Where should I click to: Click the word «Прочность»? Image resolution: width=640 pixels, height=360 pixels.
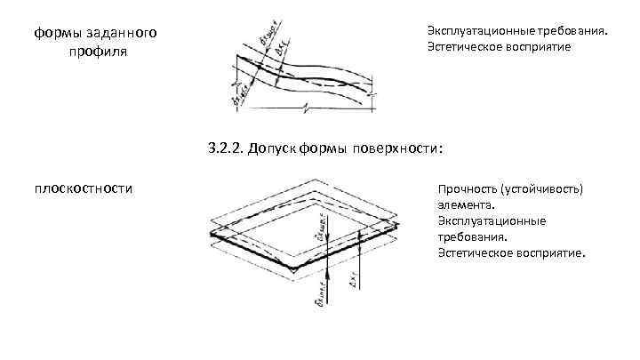click(x=467, y=189)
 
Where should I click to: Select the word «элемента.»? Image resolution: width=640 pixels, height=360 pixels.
click(x=463, y=205)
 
